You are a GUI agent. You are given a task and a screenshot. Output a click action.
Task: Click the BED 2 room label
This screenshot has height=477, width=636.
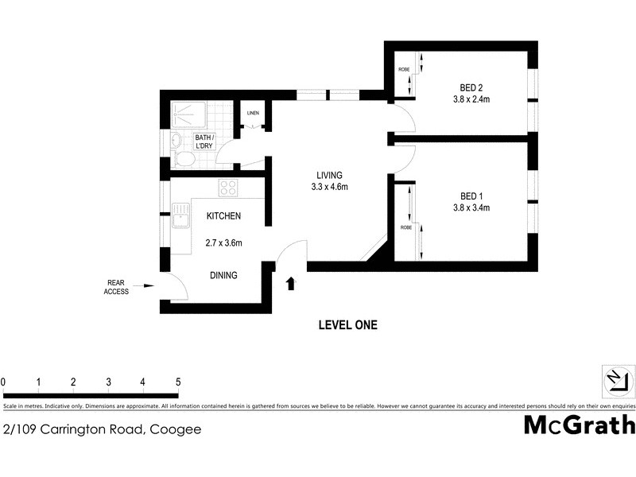coord(471,87)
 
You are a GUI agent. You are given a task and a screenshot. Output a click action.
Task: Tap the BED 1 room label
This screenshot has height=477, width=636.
coord(471,196)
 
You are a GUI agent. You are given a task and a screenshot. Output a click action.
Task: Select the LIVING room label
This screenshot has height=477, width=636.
coord(329,176)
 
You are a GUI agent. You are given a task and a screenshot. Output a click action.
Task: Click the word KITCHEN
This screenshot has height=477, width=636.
coord(223,216)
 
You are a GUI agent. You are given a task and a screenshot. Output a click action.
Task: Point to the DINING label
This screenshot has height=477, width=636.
coord(223,275)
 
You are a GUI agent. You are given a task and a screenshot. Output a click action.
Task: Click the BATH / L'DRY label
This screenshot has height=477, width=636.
coord(211,142)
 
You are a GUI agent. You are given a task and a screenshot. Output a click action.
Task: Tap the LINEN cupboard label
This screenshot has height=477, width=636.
coord(253,114)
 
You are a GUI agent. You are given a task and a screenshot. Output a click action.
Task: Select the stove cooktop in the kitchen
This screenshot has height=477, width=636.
coord(229,188)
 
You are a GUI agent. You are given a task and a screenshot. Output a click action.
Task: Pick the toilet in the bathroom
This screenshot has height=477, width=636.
coord(182,160)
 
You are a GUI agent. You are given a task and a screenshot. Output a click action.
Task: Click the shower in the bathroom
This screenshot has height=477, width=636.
coord(192,115)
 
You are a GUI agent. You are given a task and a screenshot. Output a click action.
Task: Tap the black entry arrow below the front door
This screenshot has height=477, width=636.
coord(291,282)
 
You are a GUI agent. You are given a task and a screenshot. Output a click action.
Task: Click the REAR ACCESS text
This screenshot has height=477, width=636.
coord(115,286)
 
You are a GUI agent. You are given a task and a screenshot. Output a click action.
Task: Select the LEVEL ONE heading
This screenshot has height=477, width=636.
coord(347,324)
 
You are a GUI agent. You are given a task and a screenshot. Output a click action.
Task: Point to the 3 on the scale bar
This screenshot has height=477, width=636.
coord(108,382)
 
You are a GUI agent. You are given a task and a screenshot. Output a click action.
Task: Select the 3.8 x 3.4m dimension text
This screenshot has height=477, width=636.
coord(471,208)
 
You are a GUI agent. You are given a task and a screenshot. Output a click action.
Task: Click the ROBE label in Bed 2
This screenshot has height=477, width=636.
coord(404,69)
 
